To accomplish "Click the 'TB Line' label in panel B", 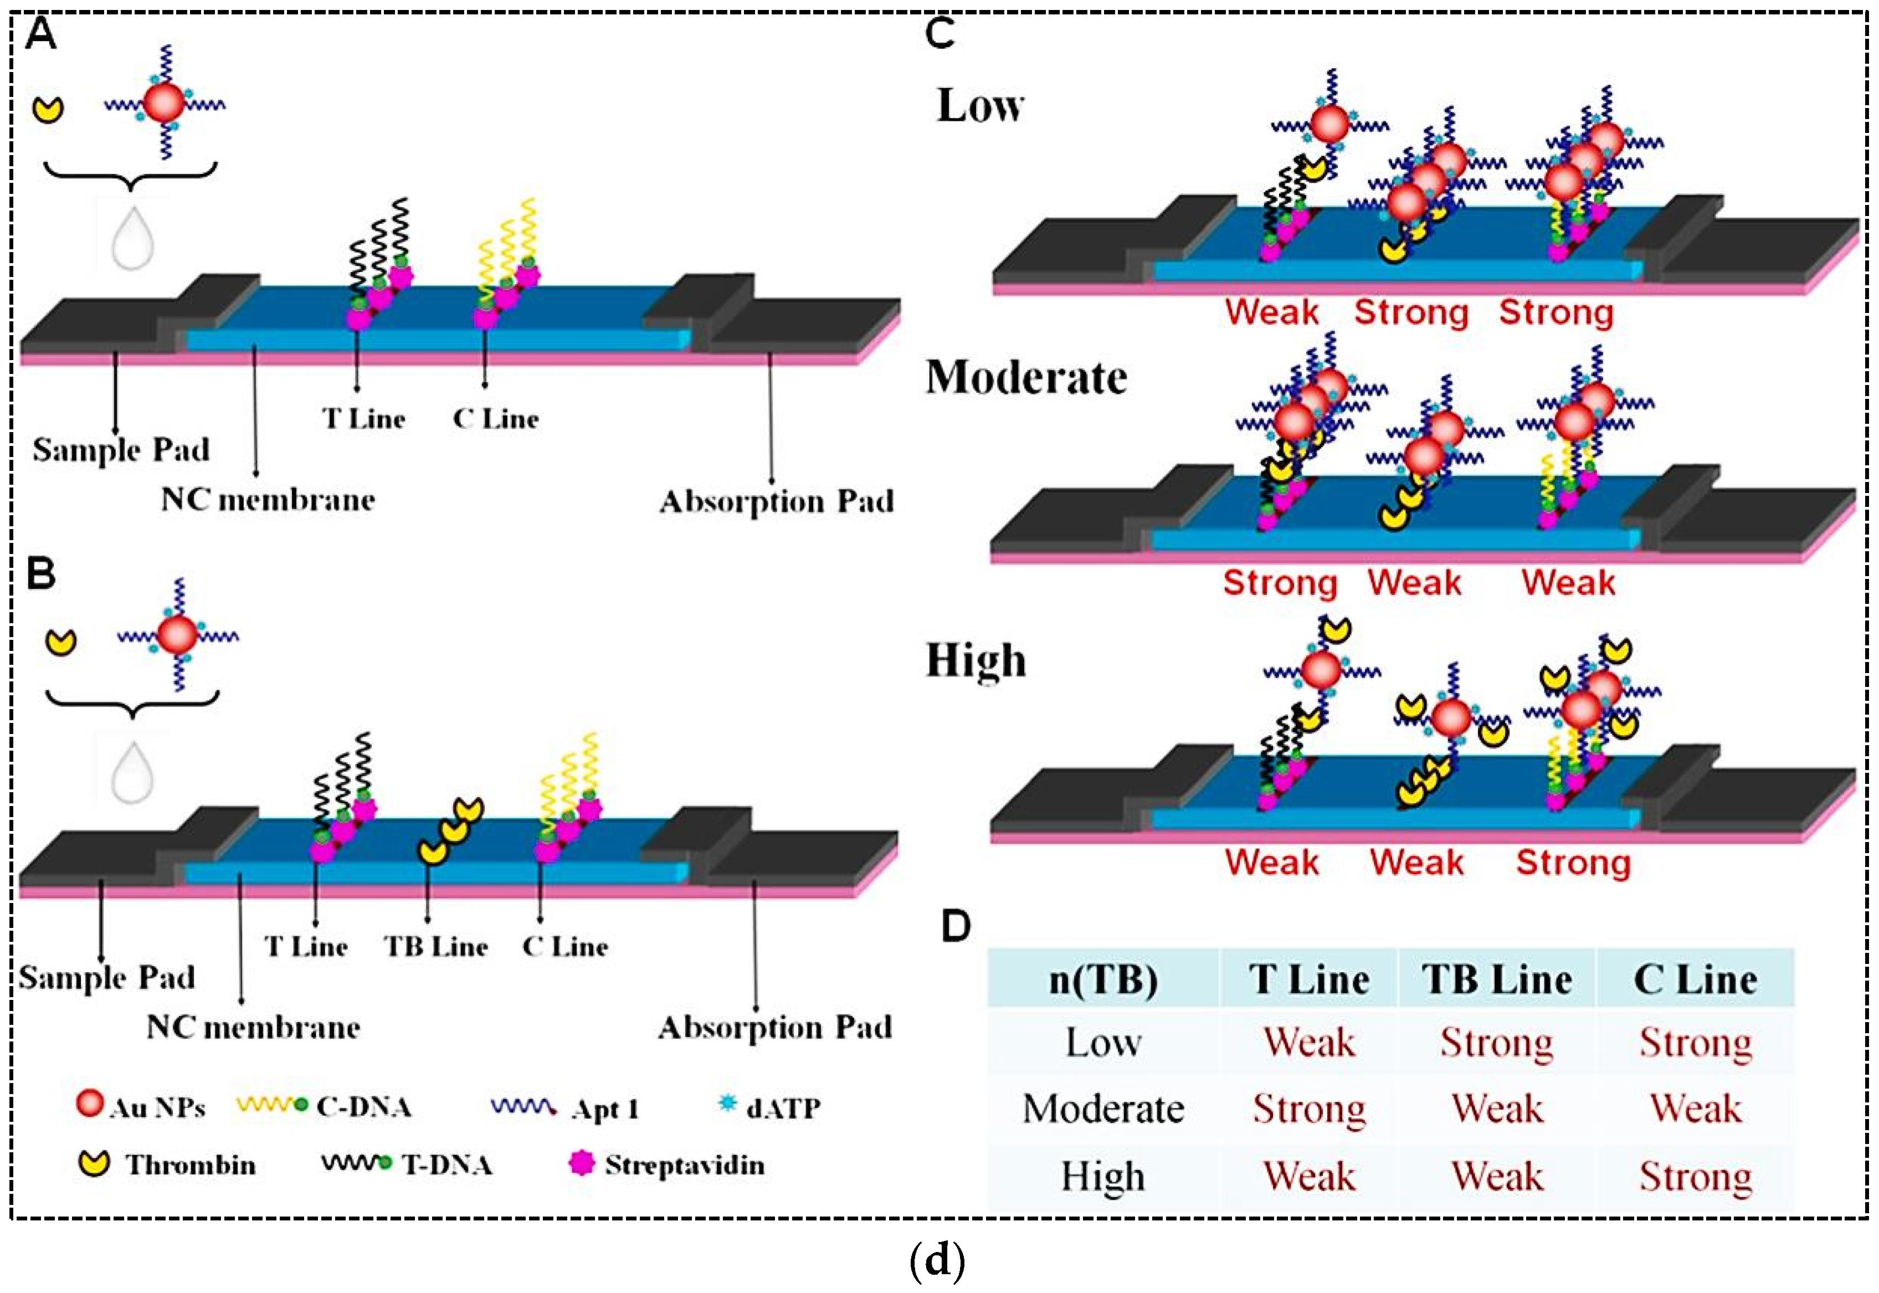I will [x=436, y=946].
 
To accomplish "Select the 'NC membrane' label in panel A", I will [x=268, y=499].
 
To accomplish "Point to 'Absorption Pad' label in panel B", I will [x=775, y=1027].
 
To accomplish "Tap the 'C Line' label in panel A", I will [x=496, y=419].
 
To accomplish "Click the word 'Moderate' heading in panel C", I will [x=1026, y=377].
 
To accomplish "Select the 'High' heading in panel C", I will [x=976, y=660].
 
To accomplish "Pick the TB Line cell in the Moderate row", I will [x=1497, y=1109].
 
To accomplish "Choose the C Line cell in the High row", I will [x=1695, y=1176].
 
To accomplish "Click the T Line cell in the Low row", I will [x=1309, y=1042].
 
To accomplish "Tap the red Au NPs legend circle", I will [x=89, y=1102].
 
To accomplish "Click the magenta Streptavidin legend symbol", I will [x=582, y=1164].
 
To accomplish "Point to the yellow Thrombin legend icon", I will [x=95, y=1164].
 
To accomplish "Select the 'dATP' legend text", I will [x=783, y=1107].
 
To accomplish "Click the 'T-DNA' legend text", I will [x=447, y=1165].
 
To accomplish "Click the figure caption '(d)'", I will [x=937, y=1261].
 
